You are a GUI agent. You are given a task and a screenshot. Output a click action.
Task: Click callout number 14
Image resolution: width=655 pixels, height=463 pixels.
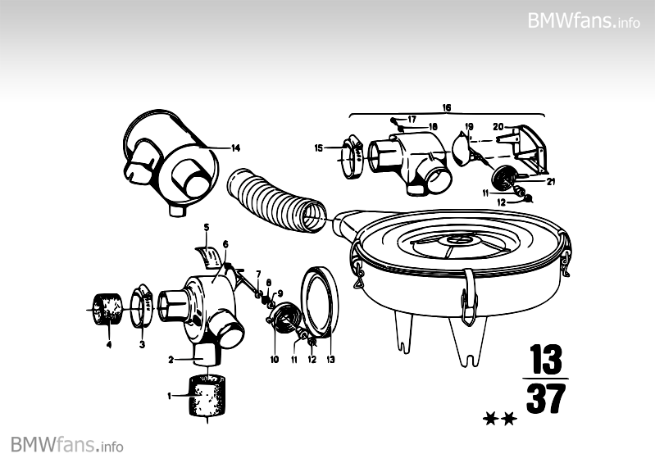coord(235,148)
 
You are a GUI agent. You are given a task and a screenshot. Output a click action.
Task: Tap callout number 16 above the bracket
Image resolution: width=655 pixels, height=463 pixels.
coord(447,107)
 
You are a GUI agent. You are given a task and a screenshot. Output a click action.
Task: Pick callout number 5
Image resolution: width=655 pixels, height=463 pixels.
coord(207,226)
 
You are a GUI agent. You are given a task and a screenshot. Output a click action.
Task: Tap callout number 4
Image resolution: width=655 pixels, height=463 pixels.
coord(108,345)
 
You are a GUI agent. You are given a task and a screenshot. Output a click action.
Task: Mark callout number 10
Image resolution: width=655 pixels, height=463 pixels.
coord(275,359)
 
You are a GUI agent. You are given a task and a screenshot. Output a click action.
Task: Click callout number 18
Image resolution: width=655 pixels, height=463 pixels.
coord(433,126)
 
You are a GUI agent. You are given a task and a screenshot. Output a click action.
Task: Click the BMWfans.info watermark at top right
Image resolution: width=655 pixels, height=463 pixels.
coord(584,20)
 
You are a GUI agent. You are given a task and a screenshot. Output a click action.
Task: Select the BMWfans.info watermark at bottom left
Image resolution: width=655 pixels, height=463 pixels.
coord(67,445)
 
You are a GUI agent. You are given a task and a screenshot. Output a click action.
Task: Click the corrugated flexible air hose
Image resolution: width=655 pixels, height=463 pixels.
coord(275,202)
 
